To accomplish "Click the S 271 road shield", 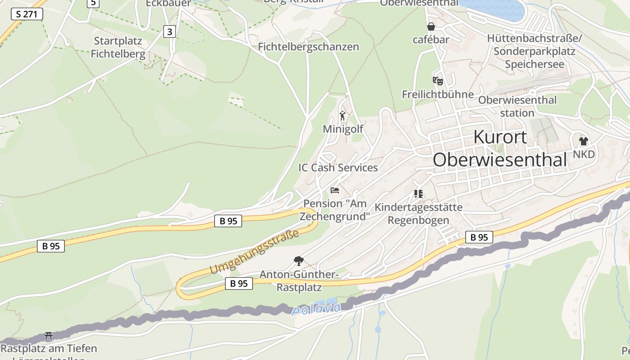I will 27,14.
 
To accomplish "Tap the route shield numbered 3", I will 169,31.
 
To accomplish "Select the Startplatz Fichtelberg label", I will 118,48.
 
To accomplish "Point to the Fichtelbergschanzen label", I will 308,47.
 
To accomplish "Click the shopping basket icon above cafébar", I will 431,27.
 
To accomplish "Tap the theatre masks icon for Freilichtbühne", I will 437,81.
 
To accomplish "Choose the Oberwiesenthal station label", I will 517,106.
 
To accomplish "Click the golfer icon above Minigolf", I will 343,116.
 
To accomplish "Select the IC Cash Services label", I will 338,168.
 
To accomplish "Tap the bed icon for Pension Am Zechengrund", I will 334,190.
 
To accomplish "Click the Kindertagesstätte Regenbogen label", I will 418,214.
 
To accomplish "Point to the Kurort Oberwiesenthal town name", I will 499,148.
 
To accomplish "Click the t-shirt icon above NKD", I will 584,141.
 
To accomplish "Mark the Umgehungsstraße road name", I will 254,252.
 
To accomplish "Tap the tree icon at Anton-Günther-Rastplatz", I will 298,261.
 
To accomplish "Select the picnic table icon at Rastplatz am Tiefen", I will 49,336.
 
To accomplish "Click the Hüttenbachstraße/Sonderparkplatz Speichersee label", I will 534,51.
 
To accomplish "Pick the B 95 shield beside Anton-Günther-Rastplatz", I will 238,283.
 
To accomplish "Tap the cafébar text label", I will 431,40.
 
